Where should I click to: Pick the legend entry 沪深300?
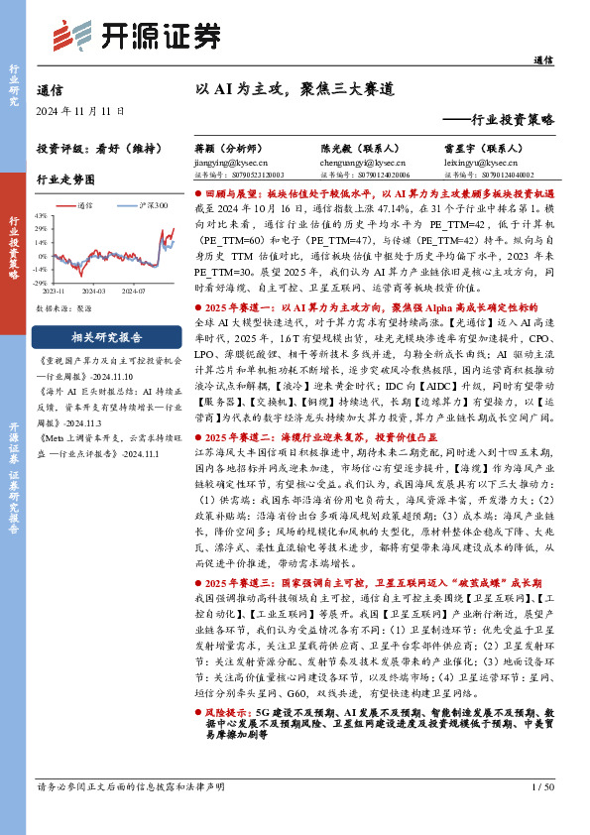point(152,205)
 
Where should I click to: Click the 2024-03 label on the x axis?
point(95,265)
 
